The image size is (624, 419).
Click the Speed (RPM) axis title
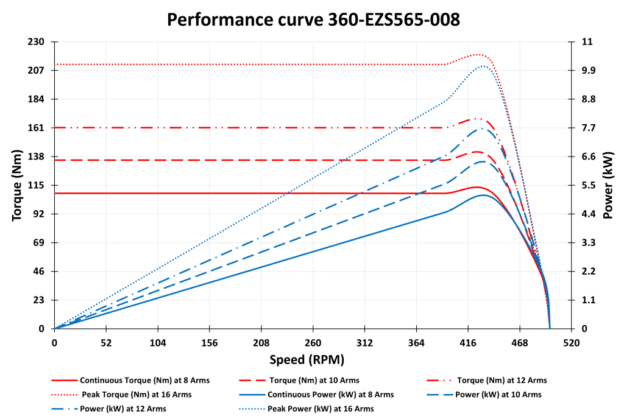tap(313, 359)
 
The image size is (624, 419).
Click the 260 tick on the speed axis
tap(313, 343)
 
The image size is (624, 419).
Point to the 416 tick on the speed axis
tap(468, 343)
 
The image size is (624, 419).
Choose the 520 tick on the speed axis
tap(571, 343)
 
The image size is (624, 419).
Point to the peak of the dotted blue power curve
tap(483, 66)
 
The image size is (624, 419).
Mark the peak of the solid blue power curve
tap(483, 195)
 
